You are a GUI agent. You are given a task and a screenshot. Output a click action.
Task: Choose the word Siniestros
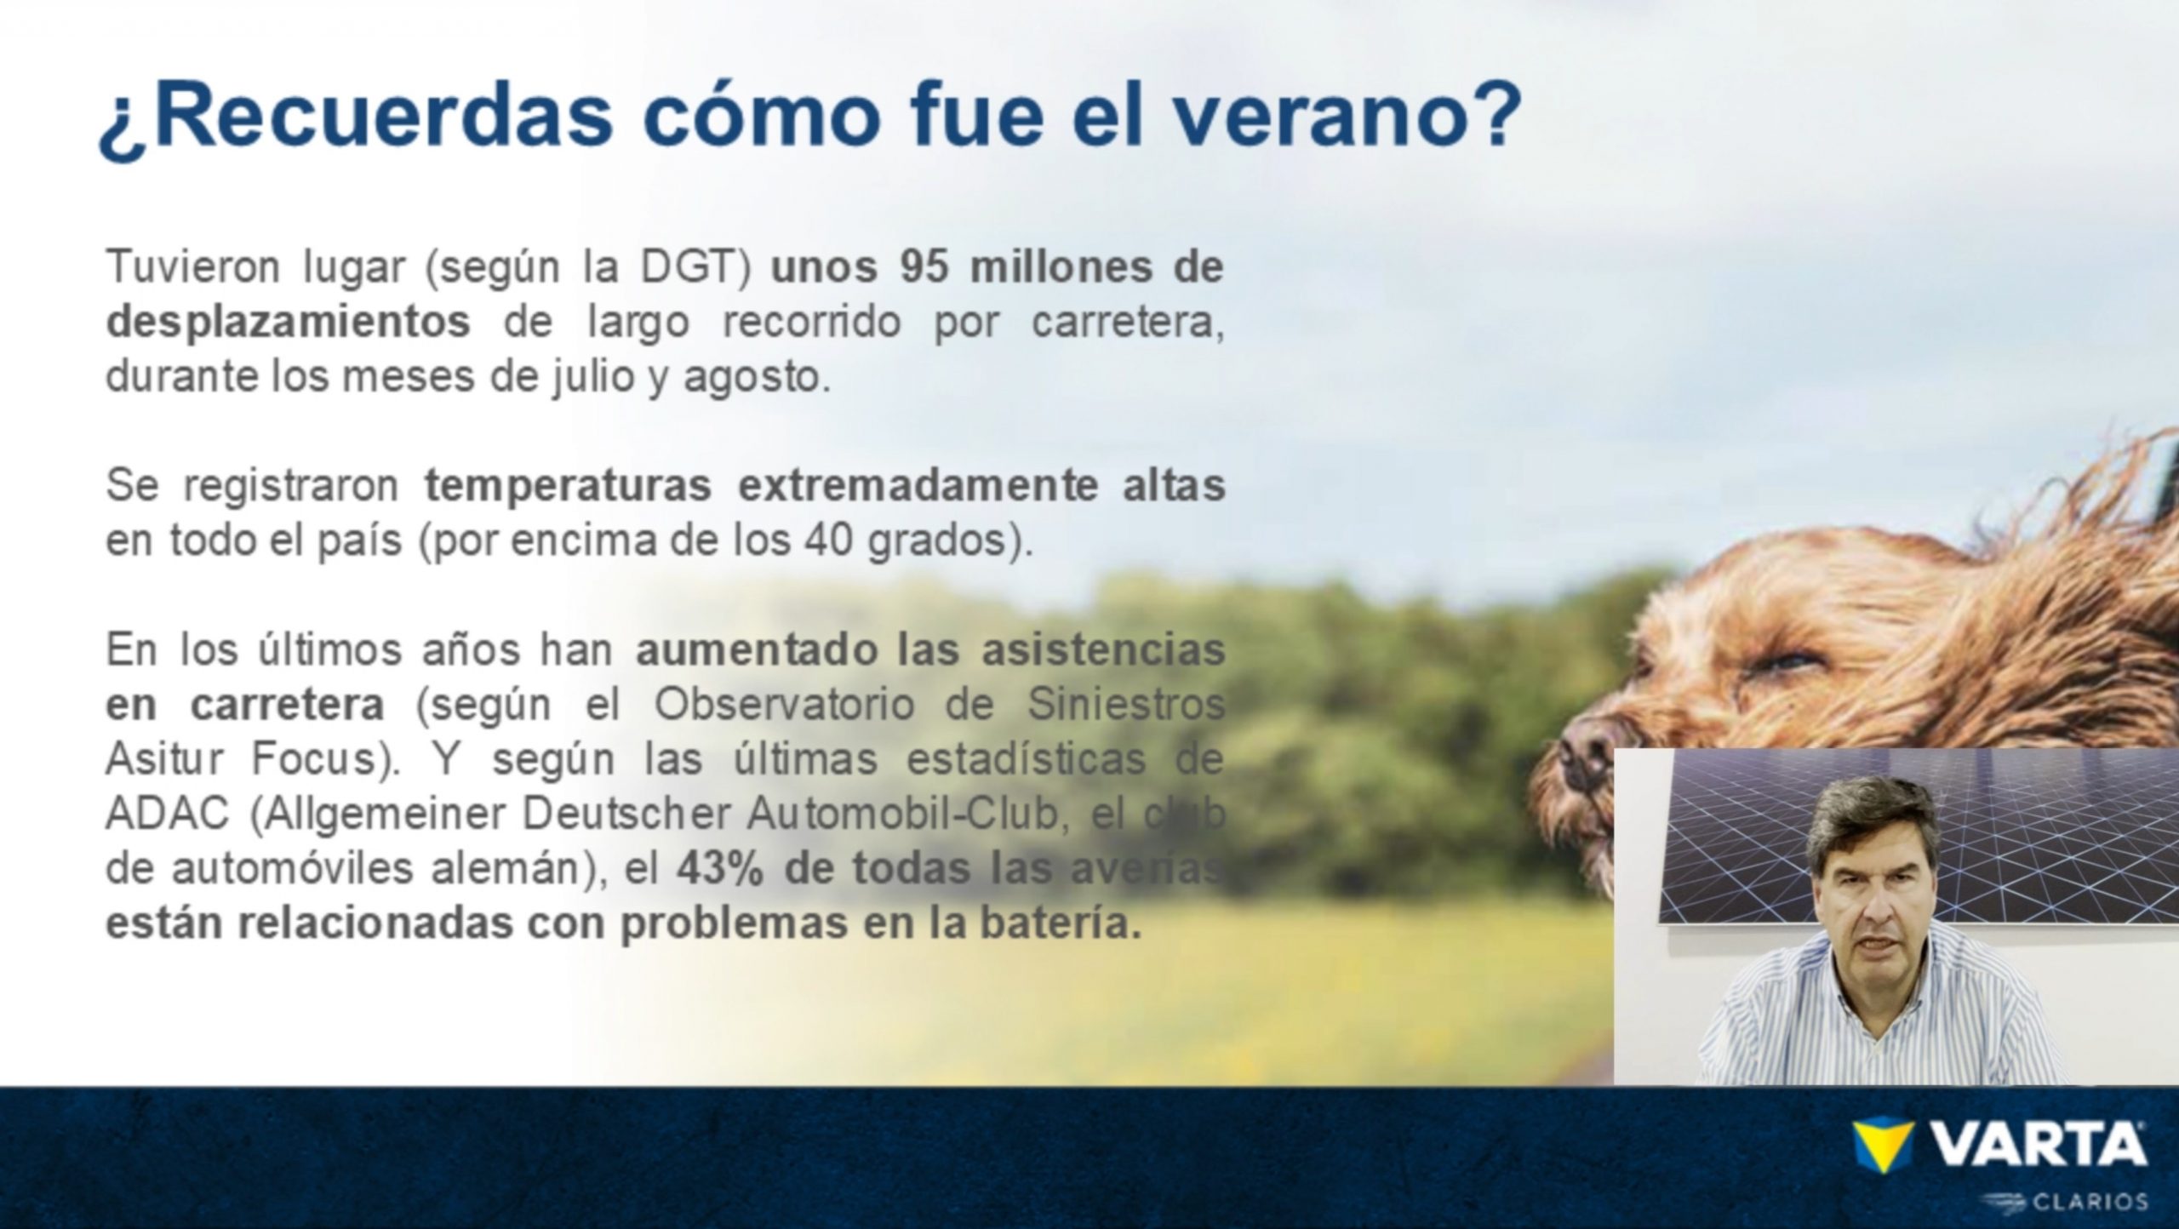(x=1126, y=706)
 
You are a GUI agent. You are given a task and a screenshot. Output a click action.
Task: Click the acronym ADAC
(x=168, y=815)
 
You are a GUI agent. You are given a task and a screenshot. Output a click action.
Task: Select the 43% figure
(x=720, y=869)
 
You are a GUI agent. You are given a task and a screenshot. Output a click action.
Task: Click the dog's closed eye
(x=1786, y=660)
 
